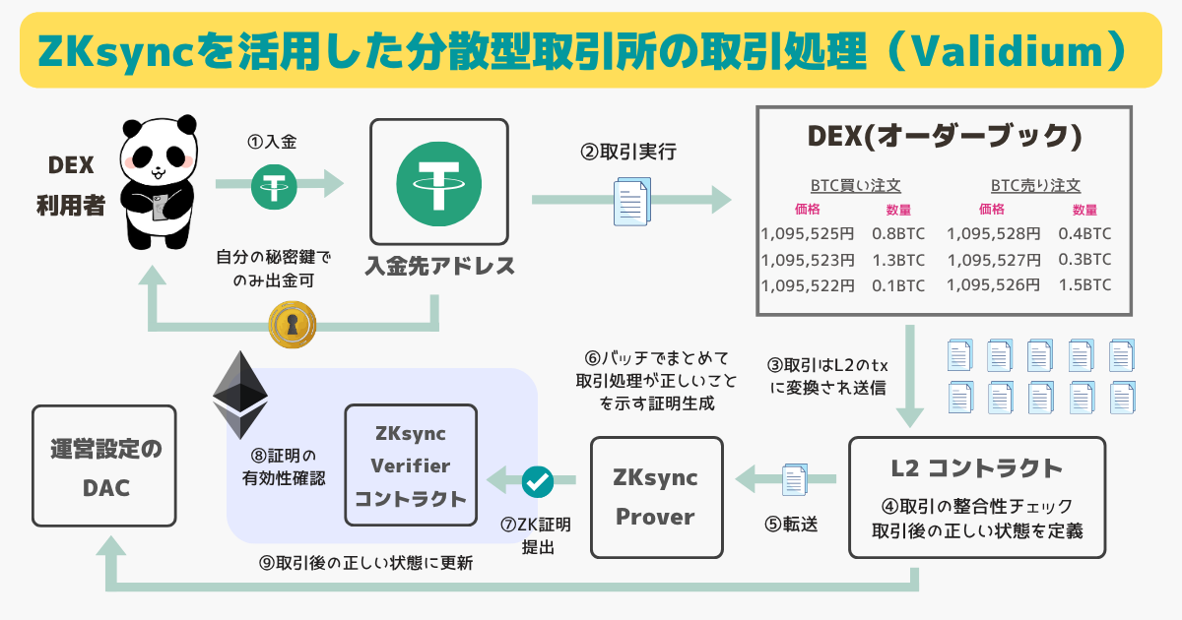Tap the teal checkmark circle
point(538,481)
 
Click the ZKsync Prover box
point(656,497)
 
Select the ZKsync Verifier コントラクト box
point(411,465)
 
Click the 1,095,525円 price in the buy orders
point(807,234)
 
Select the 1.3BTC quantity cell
point(898,260)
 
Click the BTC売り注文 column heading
point(1035,185)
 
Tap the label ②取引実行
point(628,153)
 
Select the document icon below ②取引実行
point(631,200)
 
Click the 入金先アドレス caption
point(439,266)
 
